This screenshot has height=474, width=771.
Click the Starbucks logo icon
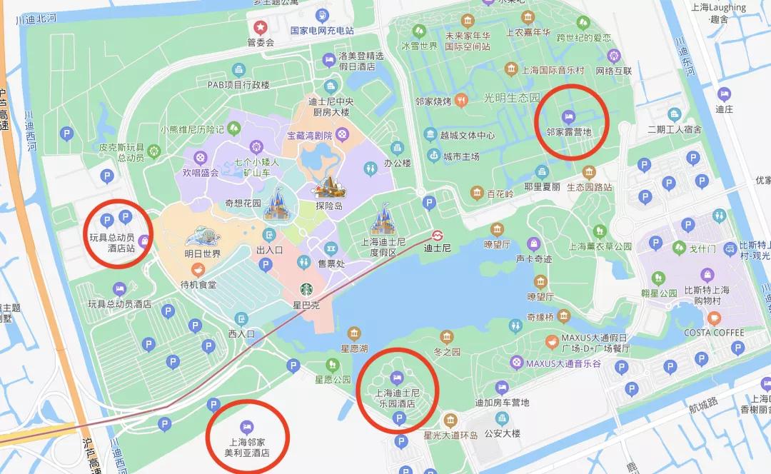pos(306,289)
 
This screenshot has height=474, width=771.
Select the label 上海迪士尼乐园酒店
pos(395,398)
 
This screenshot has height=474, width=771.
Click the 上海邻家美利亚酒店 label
pos(247,447)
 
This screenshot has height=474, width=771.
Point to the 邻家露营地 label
pos(568,131)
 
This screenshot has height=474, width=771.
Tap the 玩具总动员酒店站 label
pos(111,242)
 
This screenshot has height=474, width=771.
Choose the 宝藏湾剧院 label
pos(310,134)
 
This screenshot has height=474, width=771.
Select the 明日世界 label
pos(202,253)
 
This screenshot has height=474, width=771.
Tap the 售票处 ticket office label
pos(331,263)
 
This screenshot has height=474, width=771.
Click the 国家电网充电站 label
pos(322,31)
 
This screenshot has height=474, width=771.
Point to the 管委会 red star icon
pos(261,27)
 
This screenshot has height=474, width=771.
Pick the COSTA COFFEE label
pos(714,333)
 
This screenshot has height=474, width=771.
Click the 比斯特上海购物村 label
pos(707,296)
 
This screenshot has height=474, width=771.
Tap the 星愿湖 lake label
pos(353,348)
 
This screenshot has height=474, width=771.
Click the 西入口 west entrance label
pos(241,333)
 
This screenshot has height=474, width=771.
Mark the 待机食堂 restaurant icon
pos(198,269)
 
